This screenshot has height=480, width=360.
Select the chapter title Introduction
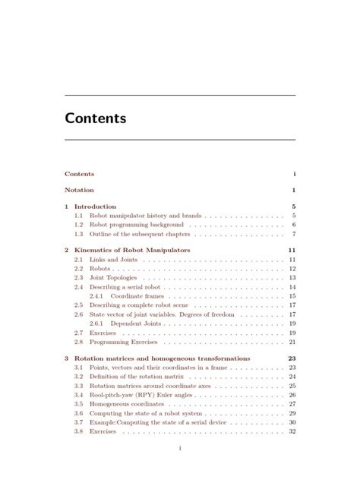95,207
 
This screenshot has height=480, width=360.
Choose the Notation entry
79,190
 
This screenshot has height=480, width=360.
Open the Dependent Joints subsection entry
131,324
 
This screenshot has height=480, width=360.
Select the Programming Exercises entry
119,342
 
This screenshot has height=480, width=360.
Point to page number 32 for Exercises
292,431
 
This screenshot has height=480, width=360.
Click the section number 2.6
78,314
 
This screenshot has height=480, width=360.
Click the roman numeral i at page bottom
179,448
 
